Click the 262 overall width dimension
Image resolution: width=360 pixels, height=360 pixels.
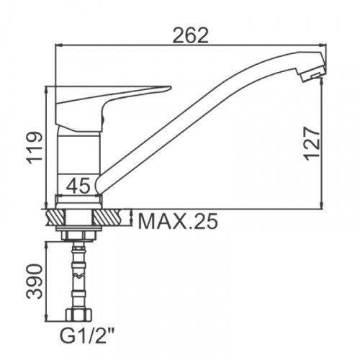point(191,36)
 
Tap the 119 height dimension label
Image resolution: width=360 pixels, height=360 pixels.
point(35,148)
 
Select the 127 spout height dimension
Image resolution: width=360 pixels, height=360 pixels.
point(312,143)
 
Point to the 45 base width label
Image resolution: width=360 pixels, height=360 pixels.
point(78,186)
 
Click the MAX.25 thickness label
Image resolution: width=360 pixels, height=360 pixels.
point(178,221)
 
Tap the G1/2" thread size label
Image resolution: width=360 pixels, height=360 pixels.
point(86,336)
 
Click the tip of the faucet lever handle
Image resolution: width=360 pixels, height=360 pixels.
point(171,87)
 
